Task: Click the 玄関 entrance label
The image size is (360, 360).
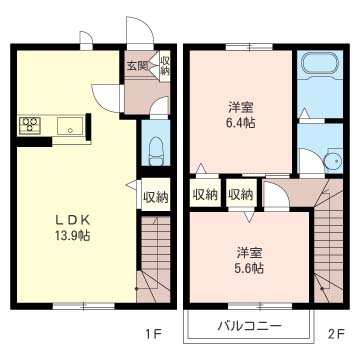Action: [137, 66]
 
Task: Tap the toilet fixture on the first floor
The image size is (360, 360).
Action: [156, 151]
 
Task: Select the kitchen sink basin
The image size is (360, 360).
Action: [70, 126]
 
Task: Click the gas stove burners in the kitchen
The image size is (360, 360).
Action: [30, 125]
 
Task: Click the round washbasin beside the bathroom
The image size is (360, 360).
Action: [333, 161]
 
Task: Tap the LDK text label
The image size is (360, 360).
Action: [72, 220]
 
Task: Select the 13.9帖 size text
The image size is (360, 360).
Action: [72, 236]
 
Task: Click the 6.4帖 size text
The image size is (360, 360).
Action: [242, 123]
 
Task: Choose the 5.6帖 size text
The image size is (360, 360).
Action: [249, 268]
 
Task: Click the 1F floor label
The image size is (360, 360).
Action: [153, 333]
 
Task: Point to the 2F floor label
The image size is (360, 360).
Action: [335, 333]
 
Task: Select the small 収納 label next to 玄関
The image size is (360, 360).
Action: [165, 66]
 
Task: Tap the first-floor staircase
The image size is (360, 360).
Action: [154, 259]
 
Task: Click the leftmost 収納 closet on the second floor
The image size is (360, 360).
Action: [205, 194]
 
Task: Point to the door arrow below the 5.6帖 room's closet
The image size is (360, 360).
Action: [248, 216]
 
